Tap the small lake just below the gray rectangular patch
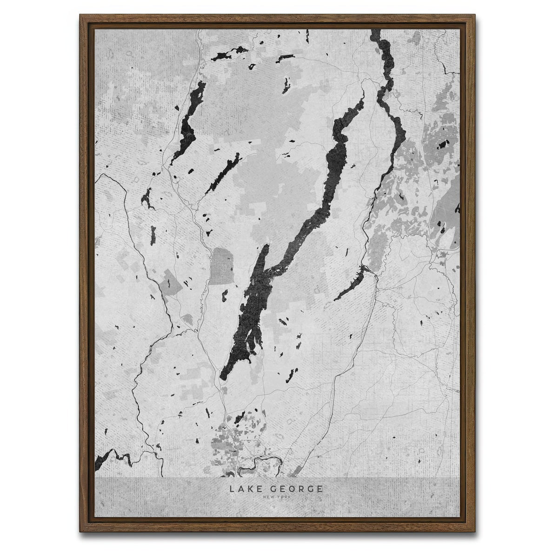tap(225, 294)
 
